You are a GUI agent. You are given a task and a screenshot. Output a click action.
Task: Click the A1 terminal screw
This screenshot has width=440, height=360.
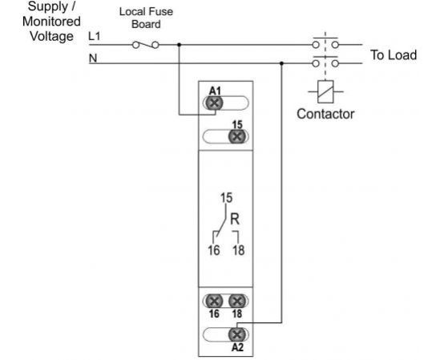point(214,103)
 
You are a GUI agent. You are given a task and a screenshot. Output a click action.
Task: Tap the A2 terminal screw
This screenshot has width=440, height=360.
point(237,334)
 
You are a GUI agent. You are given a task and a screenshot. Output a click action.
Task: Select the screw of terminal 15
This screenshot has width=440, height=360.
point(237,137)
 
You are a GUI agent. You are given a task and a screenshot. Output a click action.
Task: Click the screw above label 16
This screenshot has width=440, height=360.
point(214,301)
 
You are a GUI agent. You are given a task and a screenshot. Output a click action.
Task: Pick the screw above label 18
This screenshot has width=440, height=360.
point(237,301)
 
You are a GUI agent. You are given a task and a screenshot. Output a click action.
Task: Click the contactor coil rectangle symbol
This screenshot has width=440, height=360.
point(325,91)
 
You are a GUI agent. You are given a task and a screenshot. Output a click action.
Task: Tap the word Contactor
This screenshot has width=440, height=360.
point(325,114)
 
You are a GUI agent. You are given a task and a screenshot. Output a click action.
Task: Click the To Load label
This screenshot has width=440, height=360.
point(394,55)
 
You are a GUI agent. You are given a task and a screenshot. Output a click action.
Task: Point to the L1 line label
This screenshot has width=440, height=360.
point(95,37)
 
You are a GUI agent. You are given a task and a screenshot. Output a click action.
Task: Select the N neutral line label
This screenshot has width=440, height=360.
point(93,58)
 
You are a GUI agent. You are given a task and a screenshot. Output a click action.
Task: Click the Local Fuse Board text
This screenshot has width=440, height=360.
point(146,18)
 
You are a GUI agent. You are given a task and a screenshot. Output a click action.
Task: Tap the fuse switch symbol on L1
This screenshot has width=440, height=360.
point(145,45)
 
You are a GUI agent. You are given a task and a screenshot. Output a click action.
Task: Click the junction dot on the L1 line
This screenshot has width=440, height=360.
point(180,45)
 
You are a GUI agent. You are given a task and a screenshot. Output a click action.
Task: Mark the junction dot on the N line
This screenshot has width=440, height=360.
point(282,63)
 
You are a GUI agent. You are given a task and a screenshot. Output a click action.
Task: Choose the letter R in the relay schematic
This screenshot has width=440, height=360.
point(235,219)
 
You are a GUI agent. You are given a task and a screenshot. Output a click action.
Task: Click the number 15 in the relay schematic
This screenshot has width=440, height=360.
point(226,198)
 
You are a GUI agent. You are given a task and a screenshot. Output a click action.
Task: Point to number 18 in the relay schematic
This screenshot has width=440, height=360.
point(239,250)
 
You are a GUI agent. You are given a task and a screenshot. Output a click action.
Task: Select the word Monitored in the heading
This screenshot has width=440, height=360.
point(51,22)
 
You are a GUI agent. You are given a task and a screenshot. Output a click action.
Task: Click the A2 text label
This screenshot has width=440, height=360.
point(237,348)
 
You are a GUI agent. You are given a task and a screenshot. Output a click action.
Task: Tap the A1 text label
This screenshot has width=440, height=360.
point(215,91)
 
